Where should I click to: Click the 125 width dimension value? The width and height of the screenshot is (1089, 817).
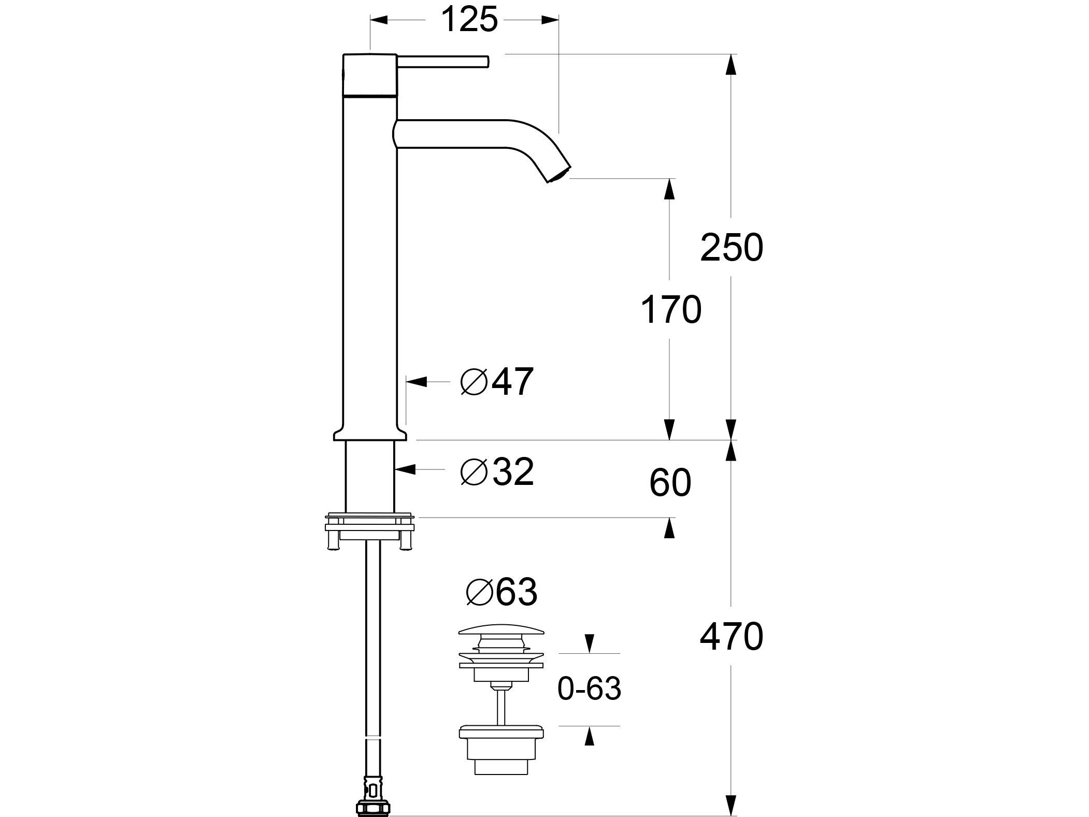469,21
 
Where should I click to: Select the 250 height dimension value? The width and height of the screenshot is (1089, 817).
731,248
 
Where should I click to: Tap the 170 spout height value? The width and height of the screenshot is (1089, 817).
670,310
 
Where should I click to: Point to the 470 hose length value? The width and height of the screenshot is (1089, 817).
731,637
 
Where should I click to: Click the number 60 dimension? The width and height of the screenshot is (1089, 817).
670,483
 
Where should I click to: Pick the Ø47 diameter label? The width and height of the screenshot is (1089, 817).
496,382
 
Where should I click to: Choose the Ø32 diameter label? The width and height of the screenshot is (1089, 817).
496,472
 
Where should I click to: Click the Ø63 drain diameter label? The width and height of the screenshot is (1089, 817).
501,592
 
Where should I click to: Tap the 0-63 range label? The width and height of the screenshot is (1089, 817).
589,689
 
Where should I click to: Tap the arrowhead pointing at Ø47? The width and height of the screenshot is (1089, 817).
417,382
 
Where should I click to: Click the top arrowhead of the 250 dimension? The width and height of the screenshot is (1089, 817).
730,64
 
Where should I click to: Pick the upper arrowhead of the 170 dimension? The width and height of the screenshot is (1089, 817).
670,189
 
